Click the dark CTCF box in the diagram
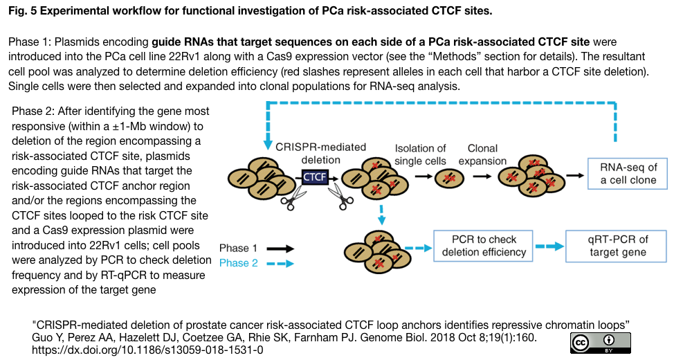tap(316, 177)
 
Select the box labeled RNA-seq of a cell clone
tap(628, 174)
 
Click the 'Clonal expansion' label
tap(487, 155)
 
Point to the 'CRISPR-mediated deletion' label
tap(320, 154)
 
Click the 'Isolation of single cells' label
tap(420, 155)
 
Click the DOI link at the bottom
tap(148, 350)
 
